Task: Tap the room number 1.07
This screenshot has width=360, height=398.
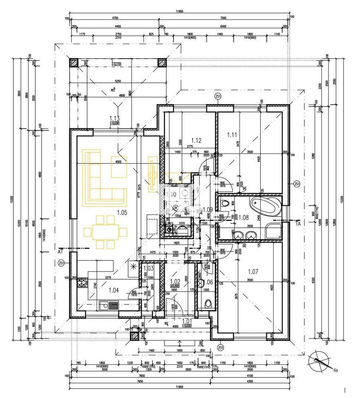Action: tap(253, 272)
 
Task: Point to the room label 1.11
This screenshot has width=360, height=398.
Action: tap(232, 135)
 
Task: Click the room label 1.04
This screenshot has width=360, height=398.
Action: tap(114, 290)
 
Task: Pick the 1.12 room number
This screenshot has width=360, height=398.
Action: tap(196, 140)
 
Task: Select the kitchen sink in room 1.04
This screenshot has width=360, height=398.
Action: tap(109, 305)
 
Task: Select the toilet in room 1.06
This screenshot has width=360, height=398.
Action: tap(208, 304)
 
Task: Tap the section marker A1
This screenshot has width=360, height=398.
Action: tap(60, 252)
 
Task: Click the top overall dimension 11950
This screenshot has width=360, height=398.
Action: tap(180, 11)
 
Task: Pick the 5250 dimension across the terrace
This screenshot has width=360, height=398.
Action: tap(118, 81)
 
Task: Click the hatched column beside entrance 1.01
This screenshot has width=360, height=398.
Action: tap(135, 336)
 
